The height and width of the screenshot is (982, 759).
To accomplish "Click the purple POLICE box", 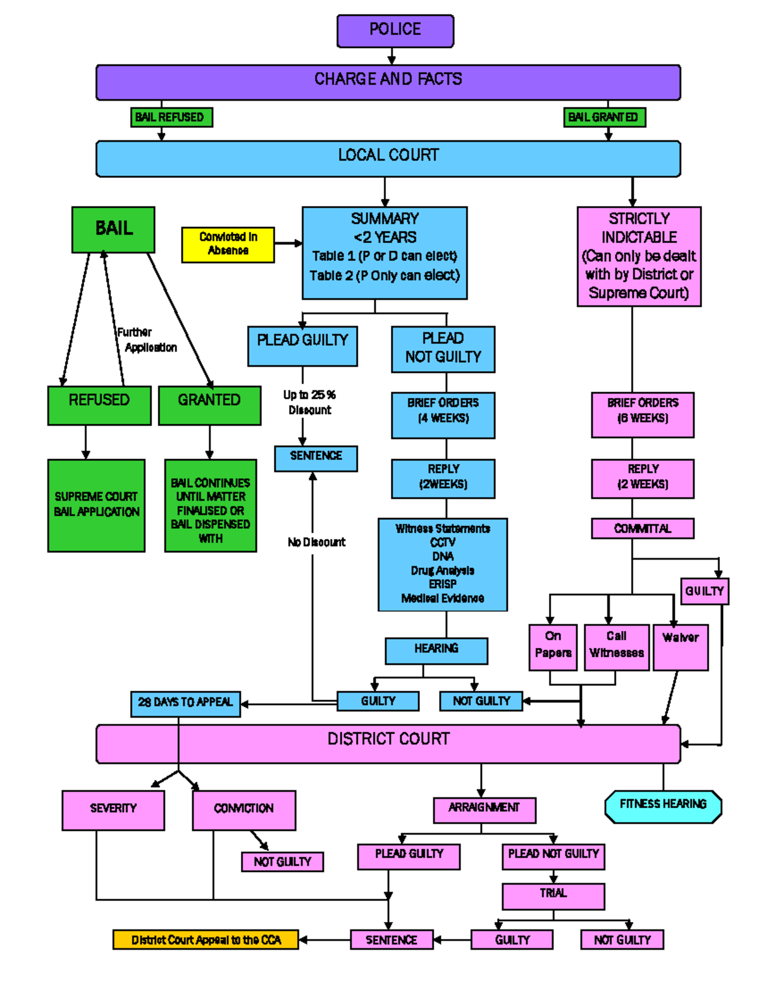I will click(395, 30).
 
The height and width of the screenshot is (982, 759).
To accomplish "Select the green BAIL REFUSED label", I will click(171, 117).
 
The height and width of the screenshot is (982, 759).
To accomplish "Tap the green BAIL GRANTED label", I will click(604, 117).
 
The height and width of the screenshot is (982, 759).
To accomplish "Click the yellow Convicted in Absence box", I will click(228, 244).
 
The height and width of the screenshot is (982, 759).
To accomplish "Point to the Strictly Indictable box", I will click(639, 256).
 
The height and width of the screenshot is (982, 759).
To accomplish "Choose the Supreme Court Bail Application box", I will click(96, 505).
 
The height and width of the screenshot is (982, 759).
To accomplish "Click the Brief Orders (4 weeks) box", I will click(443, 414).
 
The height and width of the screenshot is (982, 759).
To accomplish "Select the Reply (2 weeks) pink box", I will click(643, 478).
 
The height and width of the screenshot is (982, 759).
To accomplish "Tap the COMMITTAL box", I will click(643, 528).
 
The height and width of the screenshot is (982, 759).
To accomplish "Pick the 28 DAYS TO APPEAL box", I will click(185, 703).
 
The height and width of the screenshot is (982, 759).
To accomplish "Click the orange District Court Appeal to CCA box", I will click(206, 940).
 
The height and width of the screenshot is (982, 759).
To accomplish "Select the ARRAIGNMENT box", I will click(484, 809).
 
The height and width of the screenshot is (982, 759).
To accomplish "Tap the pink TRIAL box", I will click(553, 895).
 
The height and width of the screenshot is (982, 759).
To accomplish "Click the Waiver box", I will click(681, 646).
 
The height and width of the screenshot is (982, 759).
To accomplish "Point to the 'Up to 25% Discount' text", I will click(309, 402).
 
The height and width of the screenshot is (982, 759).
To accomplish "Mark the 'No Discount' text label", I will click(317, 542).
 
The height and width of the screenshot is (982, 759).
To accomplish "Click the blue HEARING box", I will click(436, 650).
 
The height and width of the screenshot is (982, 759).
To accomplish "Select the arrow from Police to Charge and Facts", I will click(392, 56).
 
